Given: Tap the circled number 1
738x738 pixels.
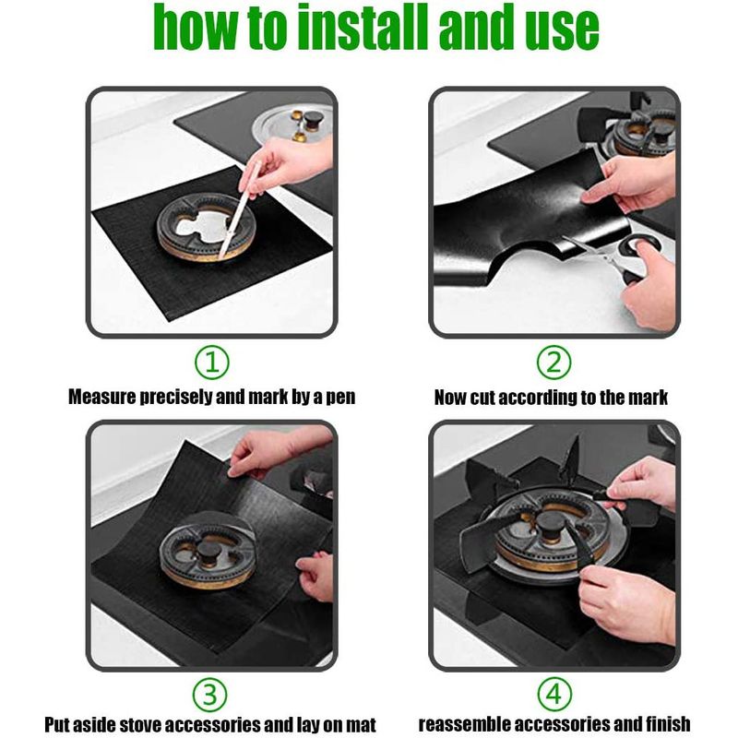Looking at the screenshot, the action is point(212,363).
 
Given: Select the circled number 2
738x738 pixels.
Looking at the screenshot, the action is point(554,363).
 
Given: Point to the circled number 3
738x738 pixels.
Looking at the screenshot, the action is point(210,695).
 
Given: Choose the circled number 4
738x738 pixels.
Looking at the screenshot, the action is point(554,695).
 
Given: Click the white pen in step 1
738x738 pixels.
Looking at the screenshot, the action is point(240,209).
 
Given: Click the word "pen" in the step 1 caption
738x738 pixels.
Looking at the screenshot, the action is point(340,398).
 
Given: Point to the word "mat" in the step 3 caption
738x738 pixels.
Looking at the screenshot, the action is point(361,724).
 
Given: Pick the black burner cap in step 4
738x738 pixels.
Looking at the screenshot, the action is point(550,523).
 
